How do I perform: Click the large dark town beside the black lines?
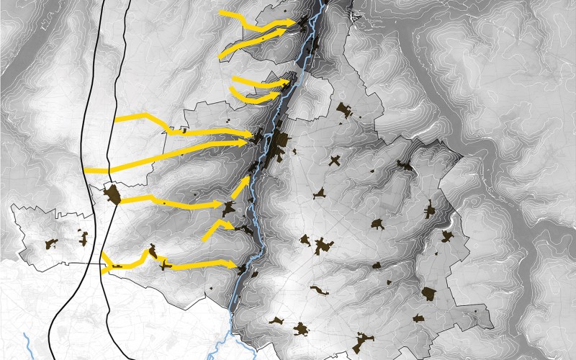(112, 194)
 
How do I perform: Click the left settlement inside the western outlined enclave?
(51, 244)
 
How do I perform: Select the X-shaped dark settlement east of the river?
(334, 162)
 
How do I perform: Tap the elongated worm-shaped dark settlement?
(317, 289)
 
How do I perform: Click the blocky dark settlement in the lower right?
(429, 294)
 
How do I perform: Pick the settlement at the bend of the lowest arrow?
(153, 252)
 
